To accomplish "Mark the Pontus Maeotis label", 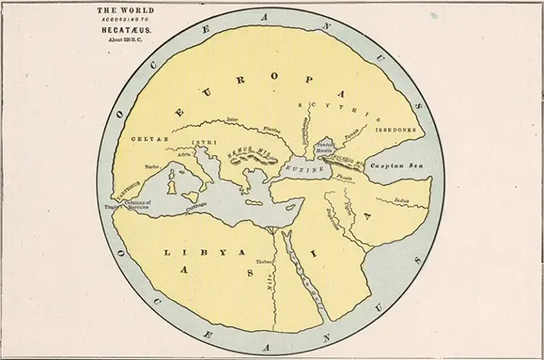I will pos(325,147).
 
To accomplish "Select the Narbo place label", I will pos(151,167).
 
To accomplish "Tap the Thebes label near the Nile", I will pos(264,261).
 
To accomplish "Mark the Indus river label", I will pos(403,199).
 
